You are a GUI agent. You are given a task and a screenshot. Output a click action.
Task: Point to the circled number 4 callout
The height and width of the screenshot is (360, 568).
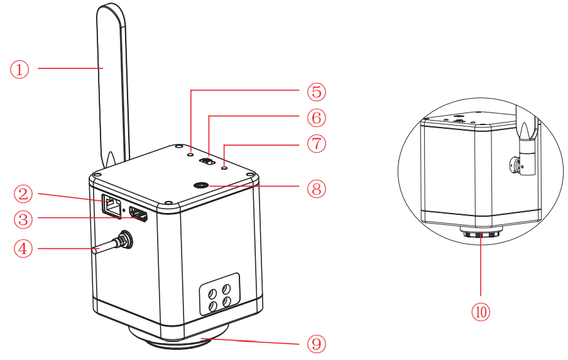(23, 249)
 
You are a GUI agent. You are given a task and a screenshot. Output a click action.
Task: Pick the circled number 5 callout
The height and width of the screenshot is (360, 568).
(316, 91)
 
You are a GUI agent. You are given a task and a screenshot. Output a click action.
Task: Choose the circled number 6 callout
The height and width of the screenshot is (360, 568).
(316, 117)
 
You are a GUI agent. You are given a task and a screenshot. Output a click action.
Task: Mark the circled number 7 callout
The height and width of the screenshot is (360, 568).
(316, 143)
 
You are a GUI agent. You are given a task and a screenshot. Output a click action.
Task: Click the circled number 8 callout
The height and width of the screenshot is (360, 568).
(316, 188)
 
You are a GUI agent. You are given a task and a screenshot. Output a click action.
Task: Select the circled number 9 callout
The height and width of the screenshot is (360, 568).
(316, 343)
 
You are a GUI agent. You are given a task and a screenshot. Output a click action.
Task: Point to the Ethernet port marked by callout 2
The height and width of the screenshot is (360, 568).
(111, 205)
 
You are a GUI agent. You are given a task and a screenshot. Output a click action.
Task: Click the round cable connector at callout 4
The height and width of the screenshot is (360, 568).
(126, 239)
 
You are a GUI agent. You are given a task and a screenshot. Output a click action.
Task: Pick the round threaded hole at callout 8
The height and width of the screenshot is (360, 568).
(202, 185)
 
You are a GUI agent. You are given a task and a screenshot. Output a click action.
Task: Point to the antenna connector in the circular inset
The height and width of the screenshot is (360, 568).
(518, 165)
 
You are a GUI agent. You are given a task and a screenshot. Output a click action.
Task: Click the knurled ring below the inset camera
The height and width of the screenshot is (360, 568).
(481, 234)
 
